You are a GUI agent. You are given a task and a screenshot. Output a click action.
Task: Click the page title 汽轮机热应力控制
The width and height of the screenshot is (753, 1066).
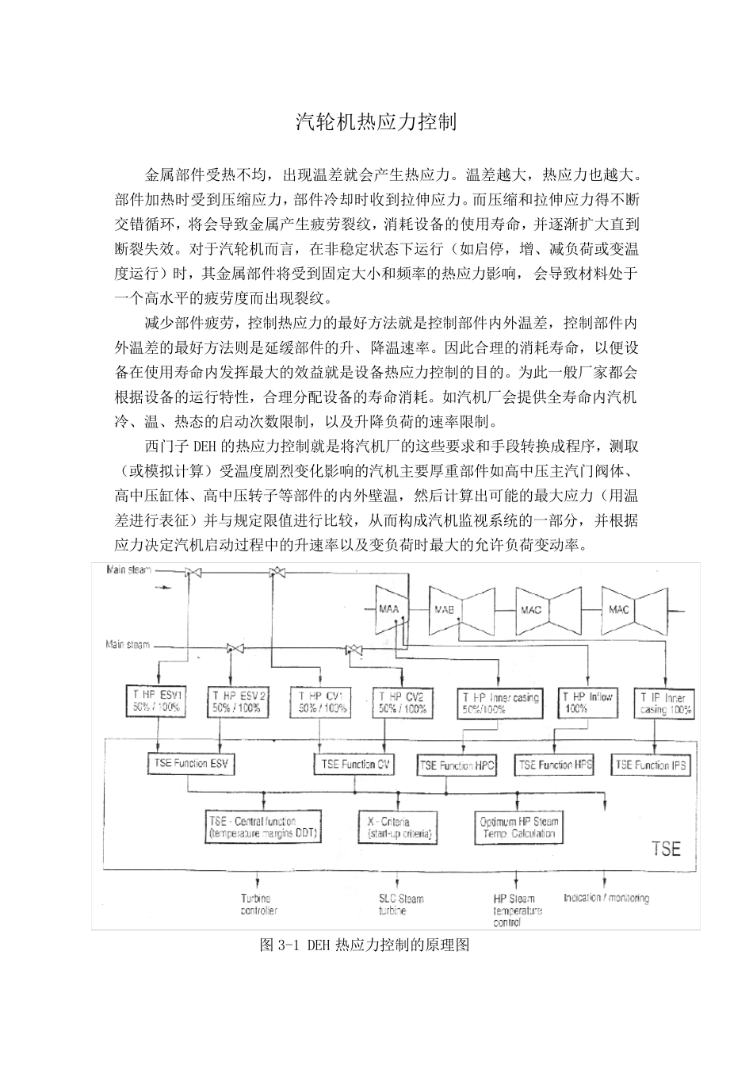(x=376, y=122)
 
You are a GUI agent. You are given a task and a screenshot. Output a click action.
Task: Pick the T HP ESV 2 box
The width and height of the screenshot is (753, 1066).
(x=239, y=701)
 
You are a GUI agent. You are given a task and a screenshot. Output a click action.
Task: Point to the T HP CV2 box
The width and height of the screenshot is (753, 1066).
(x=403, y=701)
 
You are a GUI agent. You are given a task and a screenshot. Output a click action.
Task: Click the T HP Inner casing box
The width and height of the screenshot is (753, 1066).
(x=499, y=702)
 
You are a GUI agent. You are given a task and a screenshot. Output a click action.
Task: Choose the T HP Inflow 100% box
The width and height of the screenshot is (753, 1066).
(x=587, y=701)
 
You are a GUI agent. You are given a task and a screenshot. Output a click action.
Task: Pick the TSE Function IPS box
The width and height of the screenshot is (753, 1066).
(x=651, y=765)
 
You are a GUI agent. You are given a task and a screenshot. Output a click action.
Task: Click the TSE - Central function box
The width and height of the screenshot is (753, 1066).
(x=252, y=827)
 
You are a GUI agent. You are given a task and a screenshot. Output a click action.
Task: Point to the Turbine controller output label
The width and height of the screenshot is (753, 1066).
(x=258, y=905)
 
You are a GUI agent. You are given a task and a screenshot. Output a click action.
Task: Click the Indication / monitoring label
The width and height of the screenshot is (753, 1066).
(x=606, y=898)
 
